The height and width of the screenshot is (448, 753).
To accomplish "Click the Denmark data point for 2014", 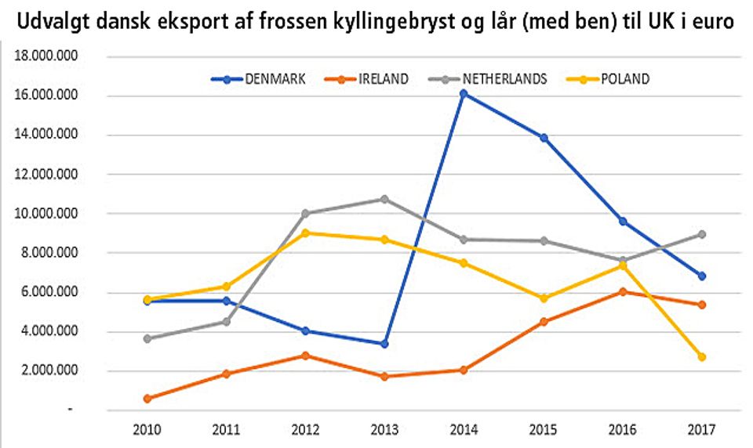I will click(x=464, y=93).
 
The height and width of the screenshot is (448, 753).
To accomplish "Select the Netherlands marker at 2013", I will click(x=384, y=199).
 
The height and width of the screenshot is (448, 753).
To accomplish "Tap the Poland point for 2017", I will click(x=702, y=357).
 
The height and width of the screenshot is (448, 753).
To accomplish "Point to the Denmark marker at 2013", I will click(x=384, y=344).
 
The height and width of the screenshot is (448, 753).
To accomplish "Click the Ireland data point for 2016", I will click(x=623, y=291).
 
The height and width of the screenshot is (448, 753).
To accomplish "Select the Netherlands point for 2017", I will click(x=702, y=234).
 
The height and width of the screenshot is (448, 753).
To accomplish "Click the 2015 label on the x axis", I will click(x=543, y=430).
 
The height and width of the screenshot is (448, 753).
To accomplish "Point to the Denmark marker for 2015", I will click(x=543, y=138).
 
